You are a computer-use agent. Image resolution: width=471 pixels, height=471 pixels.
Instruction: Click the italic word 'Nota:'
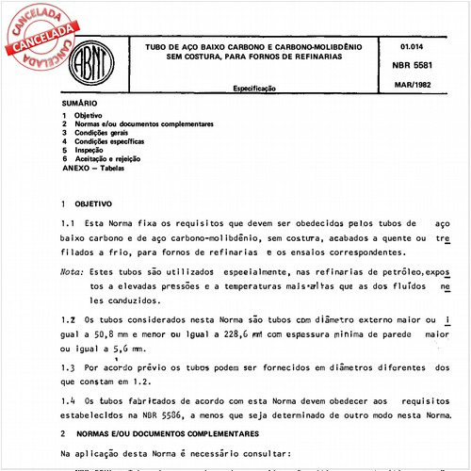point(72,269)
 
